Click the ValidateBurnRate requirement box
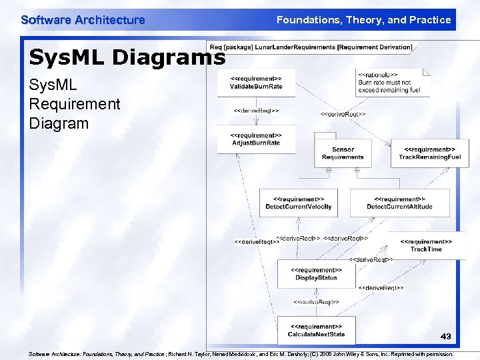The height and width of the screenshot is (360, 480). click(x=256, y=83)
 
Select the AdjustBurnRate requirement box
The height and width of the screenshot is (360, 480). click(x=256, y=139)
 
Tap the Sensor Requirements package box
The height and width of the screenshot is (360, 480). click(x=343, y=153)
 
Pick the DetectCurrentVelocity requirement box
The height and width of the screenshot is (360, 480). click(x=298, y=203)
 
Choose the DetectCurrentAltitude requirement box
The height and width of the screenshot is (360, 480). click(x=399, y=203)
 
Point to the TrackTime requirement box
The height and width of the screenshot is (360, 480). click(x=426, y=245)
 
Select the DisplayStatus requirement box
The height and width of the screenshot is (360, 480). click(x=317, y=273)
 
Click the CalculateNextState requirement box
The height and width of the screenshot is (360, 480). click(x=316, y=330)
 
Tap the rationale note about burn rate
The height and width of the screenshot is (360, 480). click(x=392, y=83)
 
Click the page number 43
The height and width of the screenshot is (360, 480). click(x=445, y=337)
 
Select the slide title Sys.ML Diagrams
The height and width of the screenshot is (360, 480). click(x=127, y=58)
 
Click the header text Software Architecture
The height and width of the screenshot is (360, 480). click(x=83, y=20)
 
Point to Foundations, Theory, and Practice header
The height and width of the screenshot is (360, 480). click(x=363, y=20)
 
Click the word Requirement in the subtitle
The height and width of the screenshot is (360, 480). click(x=75, y=104)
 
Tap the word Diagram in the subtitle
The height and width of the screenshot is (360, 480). click(x=59, y=123)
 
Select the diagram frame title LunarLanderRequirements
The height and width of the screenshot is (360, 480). click(x=311, y=47)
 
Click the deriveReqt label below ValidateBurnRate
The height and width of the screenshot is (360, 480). click(x=256, y=111)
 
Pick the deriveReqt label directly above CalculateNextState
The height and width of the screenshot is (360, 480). click(x=316, y=302)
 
